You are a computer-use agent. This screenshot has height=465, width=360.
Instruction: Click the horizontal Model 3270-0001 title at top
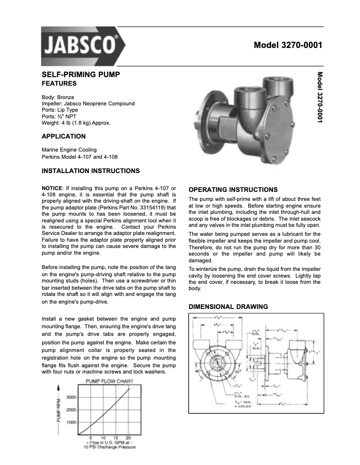click(x=288, y=45)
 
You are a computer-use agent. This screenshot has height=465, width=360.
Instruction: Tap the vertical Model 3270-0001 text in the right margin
click(x=320, y=97)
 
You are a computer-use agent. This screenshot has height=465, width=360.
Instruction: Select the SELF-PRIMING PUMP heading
click(x=81, y=74)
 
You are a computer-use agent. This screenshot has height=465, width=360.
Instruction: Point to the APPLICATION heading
click(x=63, y=136)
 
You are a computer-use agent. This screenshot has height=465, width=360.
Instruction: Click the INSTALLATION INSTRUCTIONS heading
click(x=91, y=171)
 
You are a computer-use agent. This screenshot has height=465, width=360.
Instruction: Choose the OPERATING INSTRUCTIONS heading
click(x=233, y=190)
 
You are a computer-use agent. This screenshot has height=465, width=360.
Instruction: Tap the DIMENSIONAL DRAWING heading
click(x=228, y=307)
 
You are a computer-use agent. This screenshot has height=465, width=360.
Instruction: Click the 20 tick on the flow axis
click(x=128, y=437)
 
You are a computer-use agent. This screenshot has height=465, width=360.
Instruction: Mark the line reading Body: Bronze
click(x=58, y=97)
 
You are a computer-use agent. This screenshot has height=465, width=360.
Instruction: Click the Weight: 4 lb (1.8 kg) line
click(x=76, y=122)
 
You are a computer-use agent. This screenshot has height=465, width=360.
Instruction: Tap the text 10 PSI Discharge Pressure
click(x=110, y=447)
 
